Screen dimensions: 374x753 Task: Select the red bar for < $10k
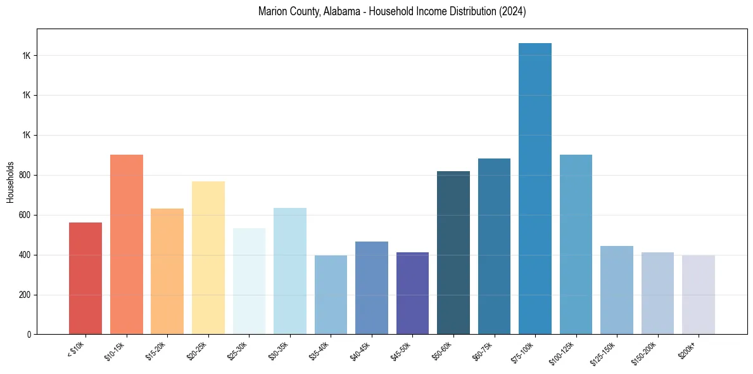(x=85, y=278)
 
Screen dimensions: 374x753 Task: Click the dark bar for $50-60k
(x=453, y=253)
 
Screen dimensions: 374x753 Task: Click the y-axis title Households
(x=10, y=181)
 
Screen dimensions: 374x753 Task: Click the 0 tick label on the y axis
(x=30, y=335)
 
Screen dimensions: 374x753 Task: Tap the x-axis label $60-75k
(x=483, y=350)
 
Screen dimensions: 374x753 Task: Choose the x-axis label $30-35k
(x=278, y=350)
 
